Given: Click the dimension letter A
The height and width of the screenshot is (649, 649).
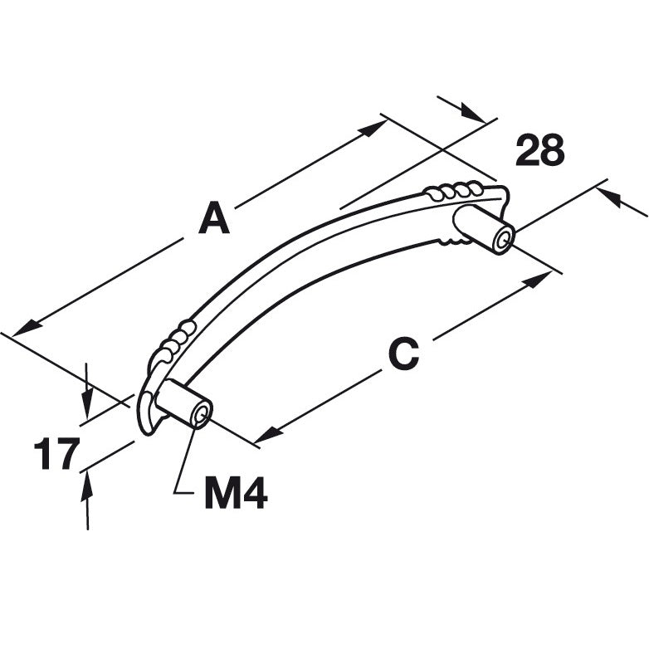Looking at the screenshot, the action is pyautogui.click(x=213, y=217).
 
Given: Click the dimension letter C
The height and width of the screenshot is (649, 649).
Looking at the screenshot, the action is pyautogui.click(x=404, y=354).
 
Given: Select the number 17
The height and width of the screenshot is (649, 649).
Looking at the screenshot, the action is pyautogui.click(x=56, y=453).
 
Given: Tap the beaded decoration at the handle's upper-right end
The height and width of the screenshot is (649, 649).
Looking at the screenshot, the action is pyautogui.click(x=452, y=191).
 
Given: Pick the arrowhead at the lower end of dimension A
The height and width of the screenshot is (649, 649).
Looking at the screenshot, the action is pyautogui.click(x=27, y=329).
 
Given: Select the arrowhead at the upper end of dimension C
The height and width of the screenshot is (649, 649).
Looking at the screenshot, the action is pyautogui.click(x=537, y=280).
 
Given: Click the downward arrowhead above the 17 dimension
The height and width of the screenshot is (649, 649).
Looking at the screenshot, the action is pyautogui.click(x=86, y=405).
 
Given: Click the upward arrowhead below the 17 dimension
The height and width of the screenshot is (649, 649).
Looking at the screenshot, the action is pyautogui.click(x=86, y=486).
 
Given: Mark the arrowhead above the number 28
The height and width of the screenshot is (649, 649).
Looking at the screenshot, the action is pyautogui.click(x=472, y=114).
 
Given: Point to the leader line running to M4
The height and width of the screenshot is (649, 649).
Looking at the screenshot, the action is pyautogui.click(x=184, y=456).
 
